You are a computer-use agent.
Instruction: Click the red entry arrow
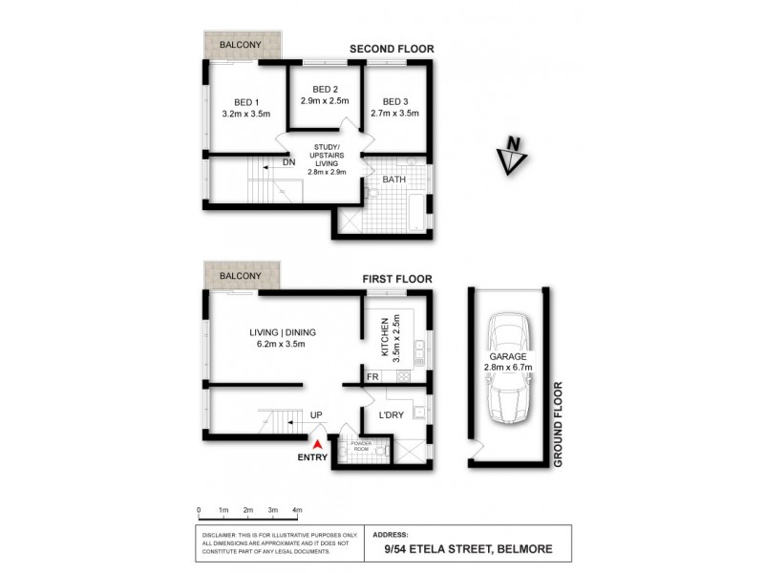[x=316, y=440]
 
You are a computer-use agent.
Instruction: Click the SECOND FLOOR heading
[x=392, y=49]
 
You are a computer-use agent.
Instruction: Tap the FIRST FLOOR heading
[x=397, y=279]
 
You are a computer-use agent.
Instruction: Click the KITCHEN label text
[x=384, y=337]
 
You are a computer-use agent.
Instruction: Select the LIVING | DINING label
[x=283, y=332]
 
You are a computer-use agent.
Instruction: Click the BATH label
[x=393, y=180]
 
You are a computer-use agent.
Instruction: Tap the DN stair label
[x=288, y=162]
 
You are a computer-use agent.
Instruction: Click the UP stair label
[x=315, y=415]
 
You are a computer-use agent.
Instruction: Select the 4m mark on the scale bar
[x=297, y=510]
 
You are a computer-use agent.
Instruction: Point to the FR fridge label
[x=373, y=377]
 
